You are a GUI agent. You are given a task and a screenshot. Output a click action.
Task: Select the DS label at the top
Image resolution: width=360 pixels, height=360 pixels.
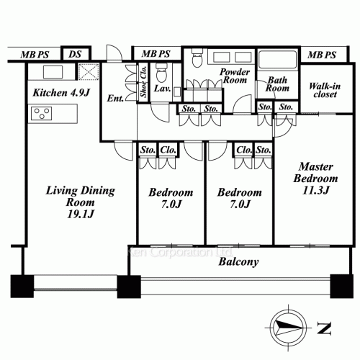(x=75, y=54)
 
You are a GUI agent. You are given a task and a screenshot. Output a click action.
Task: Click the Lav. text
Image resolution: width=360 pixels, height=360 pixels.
(x=162, y=90)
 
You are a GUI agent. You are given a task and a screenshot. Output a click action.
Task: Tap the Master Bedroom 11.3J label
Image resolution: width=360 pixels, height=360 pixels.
(x=312, y=179)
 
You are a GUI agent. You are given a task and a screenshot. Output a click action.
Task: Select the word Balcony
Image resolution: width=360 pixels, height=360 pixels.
(x=238, y=262)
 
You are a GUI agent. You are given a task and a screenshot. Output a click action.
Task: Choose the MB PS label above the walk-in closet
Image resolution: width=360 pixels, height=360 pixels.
(x=320, y=55)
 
